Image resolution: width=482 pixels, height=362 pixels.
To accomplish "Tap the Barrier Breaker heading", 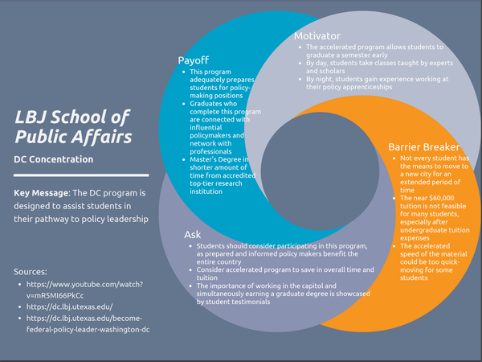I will [423, 147].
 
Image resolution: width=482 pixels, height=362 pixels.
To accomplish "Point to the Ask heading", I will [192, 234].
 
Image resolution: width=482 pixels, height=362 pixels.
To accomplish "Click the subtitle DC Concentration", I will [53, 159].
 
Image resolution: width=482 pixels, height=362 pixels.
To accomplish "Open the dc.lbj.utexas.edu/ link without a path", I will [70, 307].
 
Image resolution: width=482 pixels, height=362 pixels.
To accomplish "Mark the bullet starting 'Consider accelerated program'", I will [281, 269].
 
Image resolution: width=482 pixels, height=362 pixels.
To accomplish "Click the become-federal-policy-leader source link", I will [88, 324].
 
